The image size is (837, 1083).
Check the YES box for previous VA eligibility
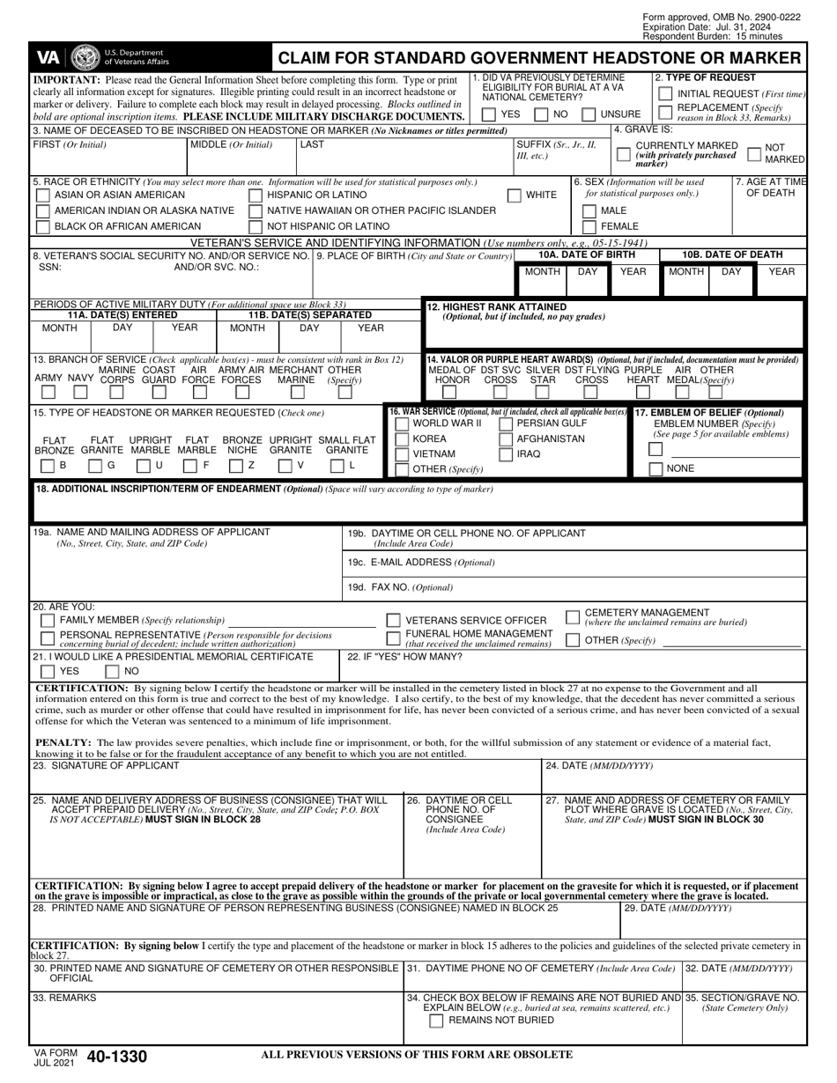click(x=489, y=114)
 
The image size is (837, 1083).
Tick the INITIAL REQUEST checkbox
click(x=666, y=93)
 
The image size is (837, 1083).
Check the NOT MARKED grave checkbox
click(x=753, y=154)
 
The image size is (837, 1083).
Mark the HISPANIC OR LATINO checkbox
click(x=256, y=195)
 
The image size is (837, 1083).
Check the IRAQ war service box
click(x=506, y=455)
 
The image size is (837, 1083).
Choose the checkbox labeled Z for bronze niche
click(x=236, y=465)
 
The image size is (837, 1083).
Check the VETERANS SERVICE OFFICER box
click(x=394, y=621)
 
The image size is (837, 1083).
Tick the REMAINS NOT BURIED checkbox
click(x=436, y=1020)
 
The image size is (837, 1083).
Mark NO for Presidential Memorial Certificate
click(x=113, y=671)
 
